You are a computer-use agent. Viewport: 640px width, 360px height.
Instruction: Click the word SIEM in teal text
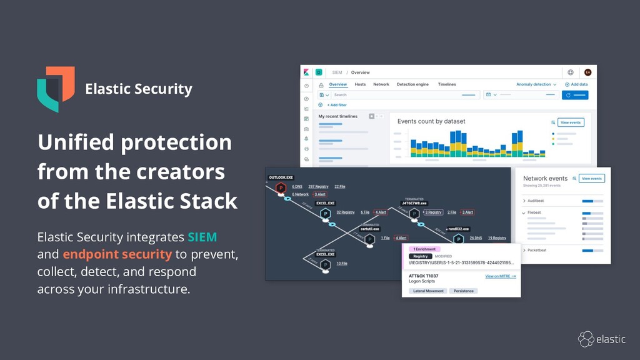click(x=202, y=237)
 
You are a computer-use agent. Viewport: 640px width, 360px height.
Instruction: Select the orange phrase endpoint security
click(x=117, y=254)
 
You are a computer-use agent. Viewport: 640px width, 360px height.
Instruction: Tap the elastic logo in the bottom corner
click(x=601, y=339)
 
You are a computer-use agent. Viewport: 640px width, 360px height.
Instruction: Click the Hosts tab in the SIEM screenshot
click(x=360, y=84)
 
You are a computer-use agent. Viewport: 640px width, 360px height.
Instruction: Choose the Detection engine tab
click(x=412, y=84)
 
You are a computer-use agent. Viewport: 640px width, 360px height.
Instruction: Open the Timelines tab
click(x=447, y=84)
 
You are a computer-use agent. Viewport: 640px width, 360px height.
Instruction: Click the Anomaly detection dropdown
click(x=536, y=84)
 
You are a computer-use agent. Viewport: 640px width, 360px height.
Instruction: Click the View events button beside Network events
click(x=591, y=179)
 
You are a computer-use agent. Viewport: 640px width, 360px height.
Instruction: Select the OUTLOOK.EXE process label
click(x=281, y=177)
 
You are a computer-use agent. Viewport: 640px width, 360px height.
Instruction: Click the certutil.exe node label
click(x=371, y=229)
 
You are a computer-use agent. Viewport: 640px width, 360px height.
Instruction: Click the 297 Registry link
click(x=318, y=186)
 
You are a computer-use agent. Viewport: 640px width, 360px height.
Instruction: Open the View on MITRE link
click(x=501, y=276)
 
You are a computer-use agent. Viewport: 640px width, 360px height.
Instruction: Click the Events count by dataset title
click(x=431, y=121)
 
